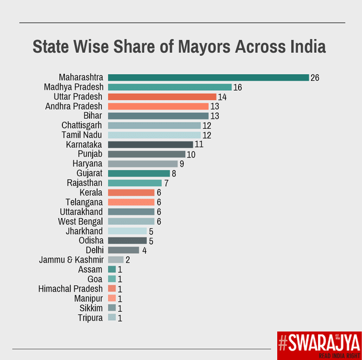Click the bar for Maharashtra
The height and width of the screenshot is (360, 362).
(x=208, y=78)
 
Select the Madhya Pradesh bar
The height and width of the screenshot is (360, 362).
(x=170, y=87)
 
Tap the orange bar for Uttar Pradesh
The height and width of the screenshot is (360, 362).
(x=162, y=97)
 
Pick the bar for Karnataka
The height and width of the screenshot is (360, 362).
(x=151, y=144)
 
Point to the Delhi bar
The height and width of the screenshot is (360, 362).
(x=123, y=250)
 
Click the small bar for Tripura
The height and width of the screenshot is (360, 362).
(x=112, y=318)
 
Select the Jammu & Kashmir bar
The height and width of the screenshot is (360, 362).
(x=116, y=260)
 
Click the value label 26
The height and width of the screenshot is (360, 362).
(x=315, y=78)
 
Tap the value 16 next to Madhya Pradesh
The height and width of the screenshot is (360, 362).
(x=237, y=87)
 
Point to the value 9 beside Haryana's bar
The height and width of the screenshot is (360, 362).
(x=182, y=163)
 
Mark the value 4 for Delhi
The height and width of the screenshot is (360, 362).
(x=143, y=250)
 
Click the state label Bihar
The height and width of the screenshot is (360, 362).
(x=93, y=116)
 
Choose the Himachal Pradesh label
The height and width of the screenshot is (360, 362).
(x=71, y=289)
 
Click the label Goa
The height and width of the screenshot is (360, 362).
(x=95, y=279)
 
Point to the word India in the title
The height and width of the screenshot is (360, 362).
(x=305, y=47)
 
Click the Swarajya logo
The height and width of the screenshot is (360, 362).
(x=319, y=345)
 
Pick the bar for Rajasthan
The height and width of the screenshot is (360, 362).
(x=135, y=183)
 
